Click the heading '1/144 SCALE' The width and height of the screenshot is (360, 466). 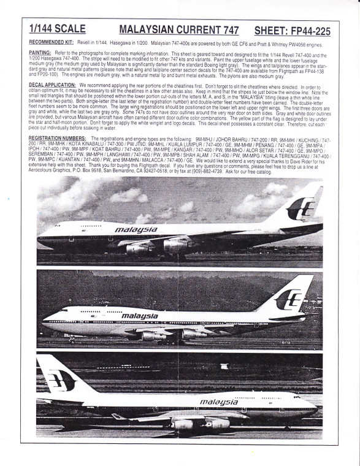(x=57, y=29)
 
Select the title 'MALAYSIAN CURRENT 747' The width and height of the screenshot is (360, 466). (x=174, y=29)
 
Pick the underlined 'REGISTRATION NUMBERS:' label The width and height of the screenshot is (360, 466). (x=59, y=139)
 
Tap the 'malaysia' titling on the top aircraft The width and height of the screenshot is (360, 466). (x=136, y=230)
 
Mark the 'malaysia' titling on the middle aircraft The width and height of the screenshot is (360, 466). (x=140, y=316)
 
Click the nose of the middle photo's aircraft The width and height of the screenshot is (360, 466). (x=44, y=322)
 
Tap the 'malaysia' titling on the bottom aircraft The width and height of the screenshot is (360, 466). (x=219, y=402)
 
